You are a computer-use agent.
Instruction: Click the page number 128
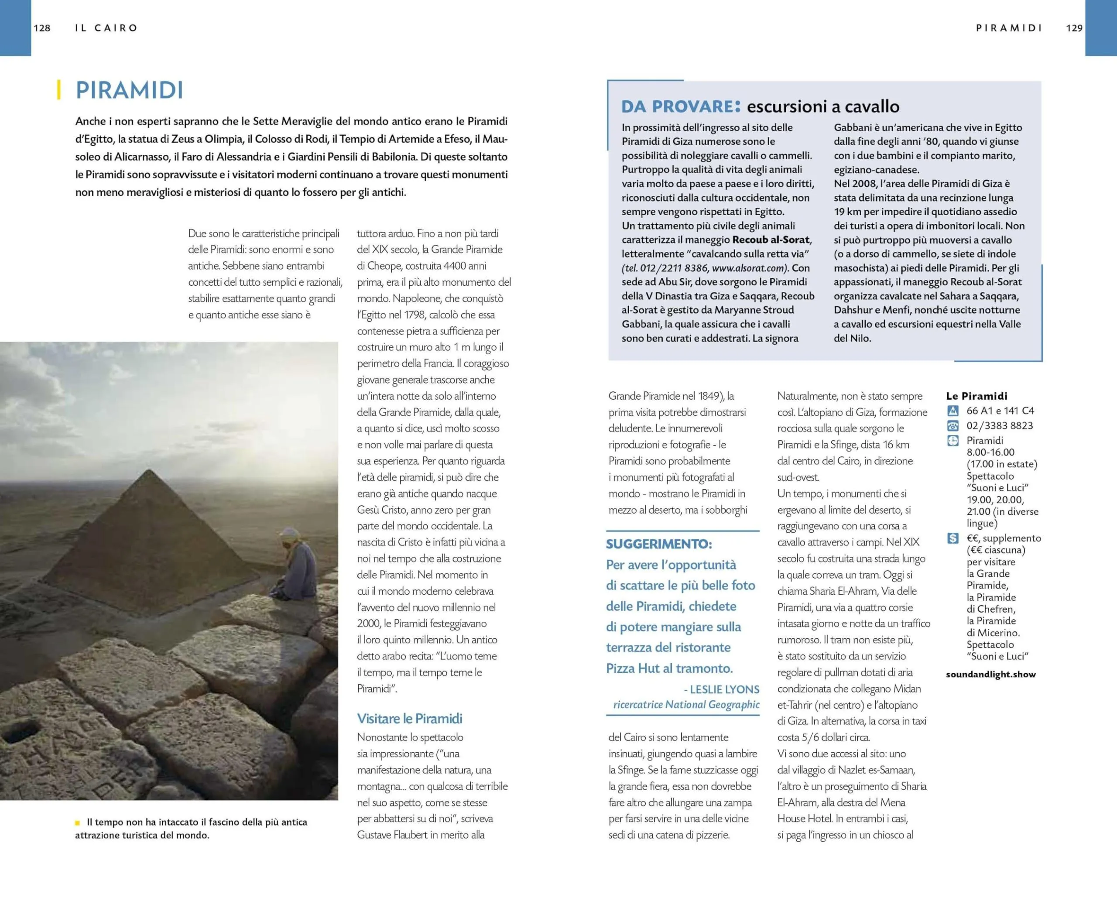click(42, 28)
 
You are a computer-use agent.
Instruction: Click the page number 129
click(1074, 28)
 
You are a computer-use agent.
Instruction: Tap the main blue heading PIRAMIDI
click(130, 90)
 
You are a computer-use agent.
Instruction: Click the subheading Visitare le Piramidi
click(409, 718)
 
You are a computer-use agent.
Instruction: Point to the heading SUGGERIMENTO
click(659, 544)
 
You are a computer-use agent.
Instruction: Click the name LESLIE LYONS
click(724, 689)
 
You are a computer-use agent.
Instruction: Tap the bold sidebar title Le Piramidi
click(977, 396)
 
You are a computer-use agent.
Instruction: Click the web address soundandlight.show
click(990, 674)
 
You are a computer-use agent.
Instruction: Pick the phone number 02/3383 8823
click(999, 425)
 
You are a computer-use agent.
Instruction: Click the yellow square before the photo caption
click(78, 823)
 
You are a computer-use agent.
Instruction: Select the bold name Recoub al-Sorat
click(771, 240)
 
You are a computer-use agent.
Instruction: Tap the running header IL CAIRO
click(106, 28)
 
